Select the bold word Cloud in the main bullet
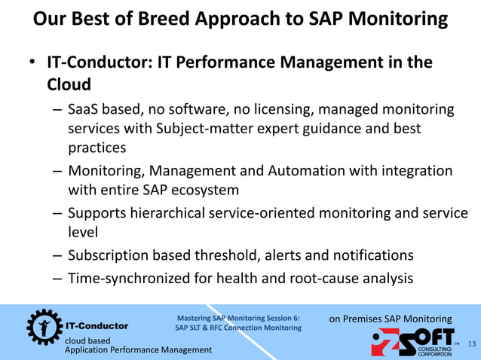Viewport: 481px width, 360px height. [69, 85]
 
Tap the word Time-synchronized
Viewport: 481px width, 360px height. [130, 278]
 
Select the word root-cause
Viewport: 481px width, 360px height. [322, 278]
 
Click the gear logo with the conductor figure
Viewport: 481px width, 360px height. [41, 325]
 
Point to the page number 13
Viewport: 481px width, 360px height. [472, 344]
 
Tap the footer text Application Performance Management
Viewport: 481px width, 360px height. [138, 350]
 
